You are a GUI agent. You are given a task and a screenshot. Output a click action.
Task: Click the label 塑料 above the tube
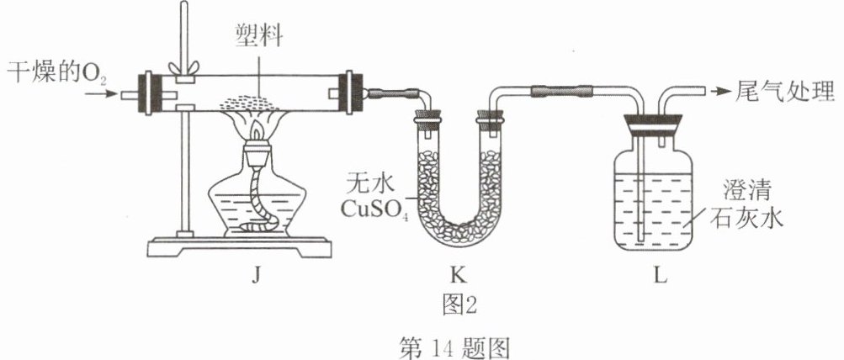click(x=259, y=36)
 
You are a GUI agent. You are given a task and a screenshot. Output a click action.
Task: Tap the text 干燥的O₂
click(x=56, y=72)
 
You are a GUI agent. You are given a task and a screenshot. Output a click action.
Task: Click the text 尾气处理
click(x=784, y=92)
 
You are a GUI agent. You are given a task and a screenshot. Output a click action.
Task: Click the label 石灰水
click(x=747, y=219)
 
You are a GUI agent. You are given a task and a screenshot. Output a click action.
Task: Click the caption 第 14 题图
click(x=454, y=347)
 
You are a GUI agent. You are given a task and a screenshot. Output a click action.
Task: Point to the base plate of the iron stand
click(x=240, y=247)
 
